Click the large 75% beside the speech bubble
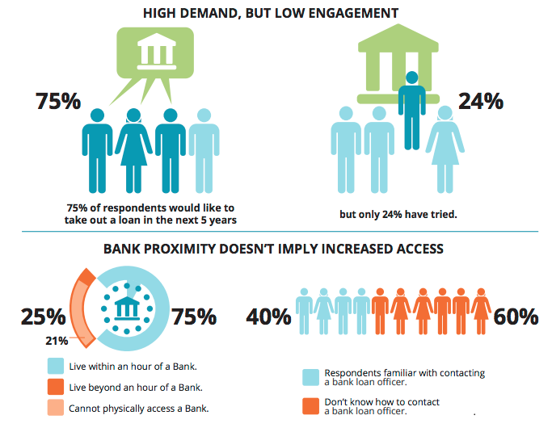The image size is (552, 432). (x=58, y=102)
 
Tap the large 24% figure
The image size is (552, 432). (x=481, y=102)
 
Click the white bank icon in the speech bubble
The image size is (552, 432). (x=158, y=53)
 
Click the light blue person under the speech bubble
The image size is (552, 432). (x=204, y=149)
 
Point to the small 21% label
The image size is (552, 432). (x=57, y=340)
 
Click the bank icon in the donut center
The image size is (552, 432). (x=128, y=308)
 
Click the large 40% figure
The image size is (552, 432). (x=268, y=316)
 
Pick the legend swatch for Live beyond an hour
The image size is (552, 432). (x=56, y=386)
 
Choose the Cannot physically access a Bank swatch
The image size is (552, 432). (x=56, y=407)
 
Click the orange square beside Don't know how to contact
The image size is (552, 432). (x=311, y=405)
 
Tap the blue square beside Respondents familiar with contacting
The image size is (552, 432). (x=311, y=376)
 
